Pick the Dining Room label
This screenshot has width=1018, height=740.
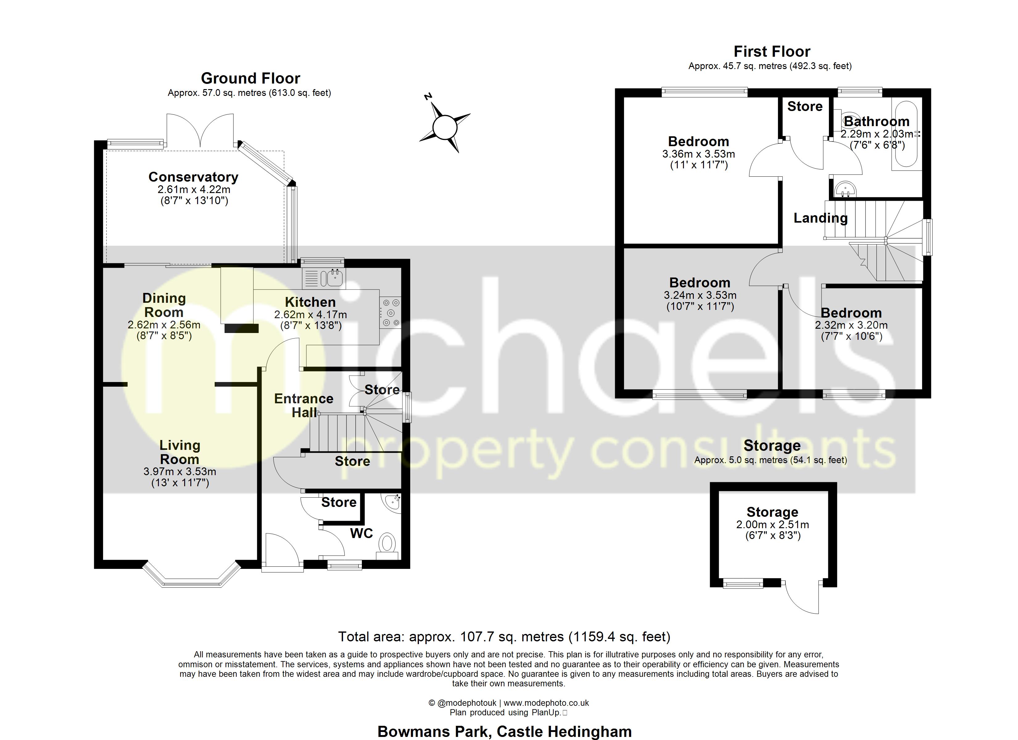point(163,305)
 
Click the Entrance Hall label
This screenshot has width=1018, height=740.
point(304,405)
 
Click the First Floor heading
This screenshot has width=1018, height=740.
point(772,51)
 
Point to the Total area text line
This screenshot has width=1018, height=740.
point(504,637)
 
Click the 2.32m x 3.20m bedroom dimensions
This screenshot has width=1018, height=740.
point(851,325)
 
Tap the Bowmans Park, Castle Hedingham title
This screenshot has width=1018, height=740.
point(504,731)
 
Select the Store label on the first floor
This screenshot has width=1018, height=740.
point(805,106)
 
